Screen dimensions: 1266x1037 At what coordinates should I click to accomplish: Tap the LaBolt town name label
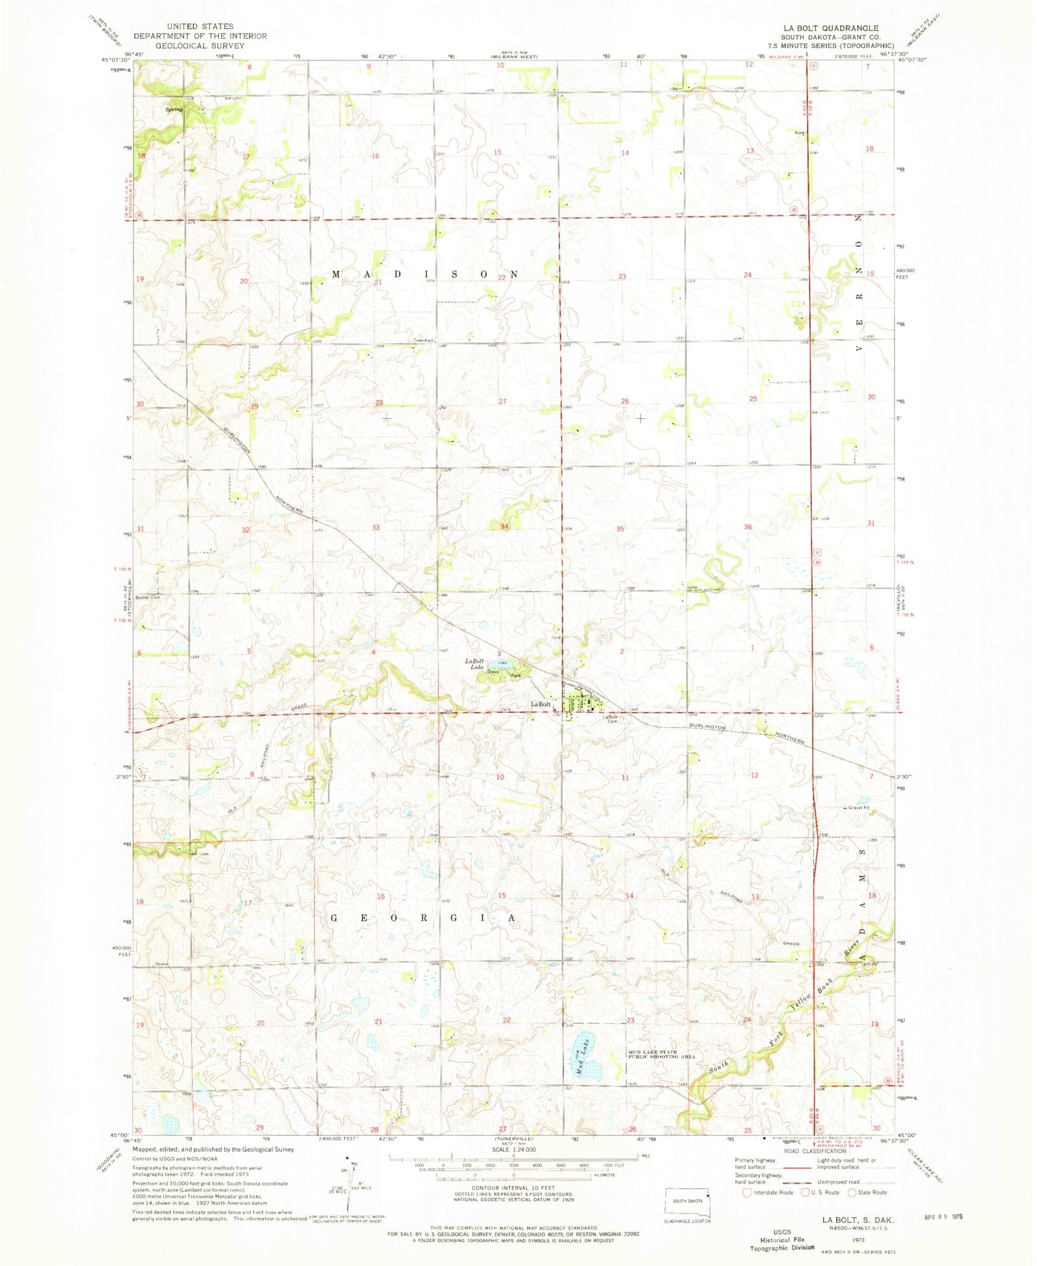(x=541, y=704)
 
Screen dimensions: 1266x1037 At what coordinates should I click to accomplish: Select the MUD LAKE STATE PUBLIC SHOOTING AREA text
(x=661, y=1055)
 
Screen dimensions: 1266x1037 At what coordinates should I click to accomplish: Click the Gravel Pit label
(x=858, y=808)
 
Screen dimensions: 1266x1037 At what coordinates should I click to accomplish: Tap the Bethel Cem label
(x=147, y=597)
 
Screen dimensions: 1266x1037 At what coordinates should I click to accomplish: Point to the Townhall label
(x=423, y=340)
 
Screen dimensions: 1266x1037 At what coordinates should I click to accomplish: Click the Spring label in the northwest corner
(x=174, y=109)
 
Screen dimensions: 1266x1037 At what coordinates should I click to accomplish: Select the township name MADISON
(x=425, y=274)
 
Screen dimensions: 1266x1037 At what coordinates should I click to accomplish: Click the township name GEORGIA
(x=424, y=918)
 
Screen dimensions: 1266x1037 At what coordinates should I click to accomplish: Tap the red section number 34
(x=504, y=526)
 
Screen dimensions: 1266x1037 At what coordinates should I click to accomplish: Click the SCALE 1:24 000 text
(x=513, y=1149)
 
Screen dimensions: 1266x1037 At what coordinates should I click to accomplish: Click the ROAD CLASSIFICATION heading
(x=815, y=1151)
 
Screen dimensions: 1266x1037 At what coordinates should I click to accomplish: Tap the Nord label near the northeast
(x=799, y=133)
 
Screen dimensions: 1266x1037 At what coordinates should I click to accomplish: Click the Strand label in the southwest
(x=161, y=964)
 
